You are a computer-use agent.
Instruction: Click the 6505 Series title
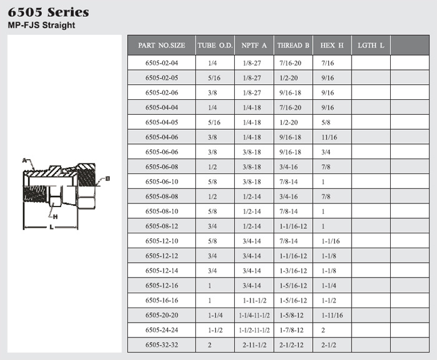coord(49,12)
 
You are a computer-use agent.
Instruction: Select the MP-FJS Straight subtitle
coord(42,25)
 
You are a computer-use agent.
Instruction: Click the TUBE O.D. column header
coord(215,45)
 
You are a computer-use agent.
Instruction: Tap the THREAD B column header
coord(293,45)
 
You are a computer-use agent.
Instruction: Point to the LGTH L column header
coord(371,45)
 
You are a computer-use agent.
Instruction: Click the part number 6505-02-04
coord(162,63)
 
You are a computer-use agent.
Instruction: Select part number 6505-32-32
coord(162,345)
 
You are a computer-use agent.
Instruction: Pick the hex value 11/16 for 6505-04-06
coord(329,137)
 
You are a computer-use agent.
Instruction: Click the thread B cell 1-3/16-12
coord(293,271)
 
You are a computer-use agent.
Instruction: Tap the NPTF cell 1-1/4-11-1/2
coord(254,315)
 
